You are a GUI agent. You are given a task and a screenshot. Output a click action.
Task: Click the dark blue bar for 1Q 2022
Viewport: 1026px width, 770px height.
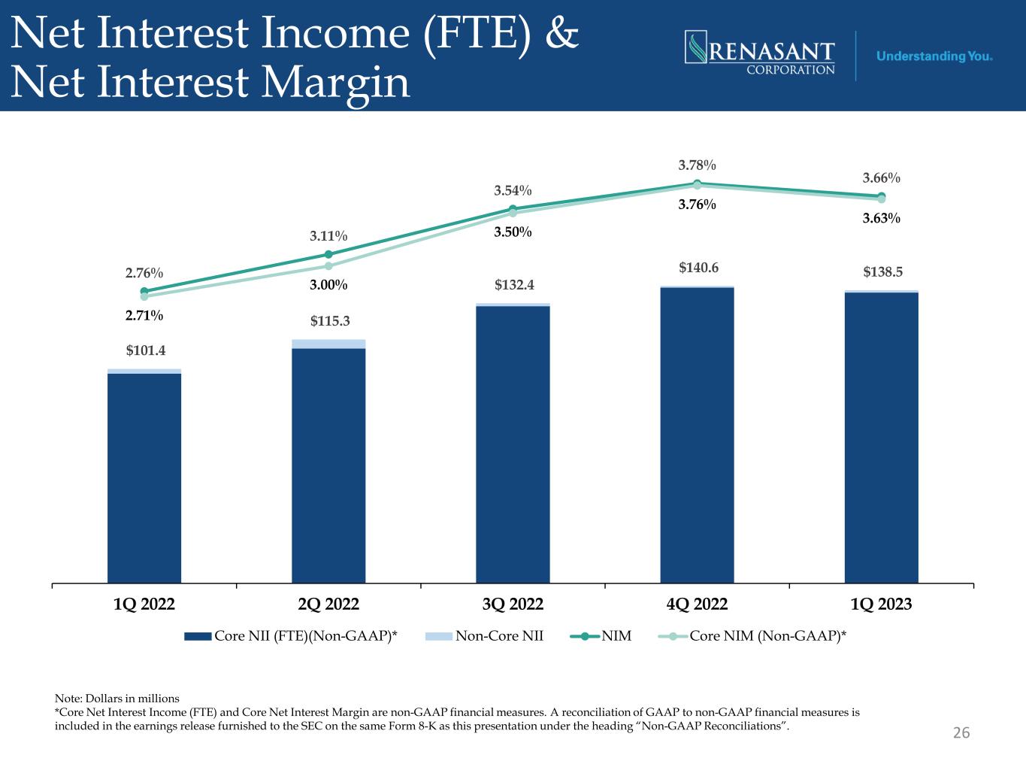144,477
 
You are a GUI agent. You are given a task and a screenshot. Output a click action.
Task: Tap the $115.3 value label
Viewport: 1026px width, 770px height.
330,321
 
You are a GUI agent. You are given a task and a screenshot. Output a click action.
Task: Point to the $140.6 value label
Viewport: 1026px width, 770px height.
698,268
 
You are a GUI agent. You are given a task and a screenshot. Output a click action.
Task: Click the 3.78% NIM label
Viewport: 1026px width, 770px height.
697,165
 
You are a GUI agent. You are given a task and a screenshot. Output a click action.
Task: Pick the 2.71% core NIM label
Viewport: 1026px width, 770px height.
144,315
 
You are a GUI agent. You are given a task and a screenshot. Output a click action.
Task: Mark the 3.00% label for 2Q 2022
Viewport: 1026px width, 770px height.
328,285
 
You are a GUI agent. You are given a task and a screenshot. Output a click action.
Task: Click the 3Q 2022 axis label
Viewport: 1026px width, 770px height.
513,604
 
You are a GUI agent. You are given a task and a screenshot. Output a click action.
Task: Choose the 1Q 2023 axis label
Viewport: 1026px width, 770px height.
881,604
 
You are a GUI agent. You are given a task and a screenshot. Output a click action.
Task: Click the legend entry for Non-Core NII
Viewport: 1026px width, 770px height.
484,636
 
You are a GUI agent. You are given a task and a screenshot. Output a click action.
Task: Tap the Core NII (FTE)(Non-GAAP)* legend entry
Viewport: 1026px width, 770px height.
290,636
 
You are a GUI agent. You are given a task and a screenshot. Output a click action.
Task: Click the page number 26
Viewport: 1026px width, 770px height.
961,732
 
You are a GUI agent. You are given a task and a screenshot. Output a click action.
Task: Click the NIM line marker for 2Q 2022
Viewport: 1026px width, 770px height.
328,254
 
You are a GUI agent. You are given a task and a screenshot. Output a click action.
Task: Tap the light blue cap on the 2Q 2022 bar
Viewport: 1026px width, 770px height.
328,344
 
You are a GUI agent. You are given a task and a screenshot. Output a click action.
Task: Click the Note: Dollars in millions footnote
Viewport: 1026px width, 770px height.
117,698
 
